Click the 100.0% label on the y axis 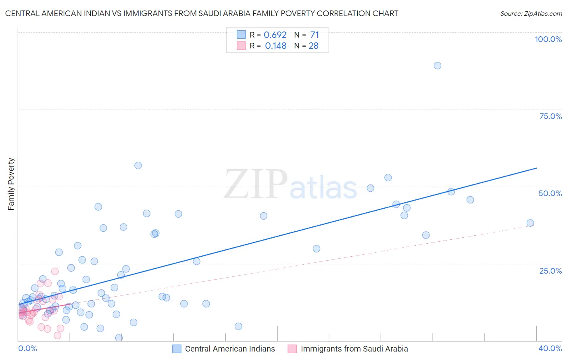click(548, 39)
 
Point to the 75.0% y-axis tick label click(550, 116)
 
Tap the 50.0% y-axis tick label click(550, 193)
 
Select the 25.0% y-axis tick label click(550, 271)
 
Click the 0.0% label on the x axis click(27, 348)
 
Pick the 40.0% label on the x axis click(550, 348)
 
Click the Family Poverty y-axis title click(11, 184)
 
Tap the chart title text click(202, 13)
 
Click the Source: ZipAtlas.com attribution click(531, 13)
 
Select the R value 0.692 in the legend click(275, 35)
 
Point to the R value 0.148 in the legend click(275, 46)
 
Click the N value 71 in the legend click(314, 35)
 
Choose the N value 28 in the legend click(313, 46)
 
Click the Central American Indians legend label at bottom click(230, 349)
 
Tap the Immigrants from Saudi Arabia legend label click(354, 349)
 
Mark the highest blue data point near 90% click(438, 65)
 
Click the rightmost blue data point click(530, 223)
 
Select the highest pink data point click(55, 271)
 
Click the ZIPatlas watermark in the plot click(290, 185)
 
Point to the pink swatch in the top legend click(241, 46)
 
